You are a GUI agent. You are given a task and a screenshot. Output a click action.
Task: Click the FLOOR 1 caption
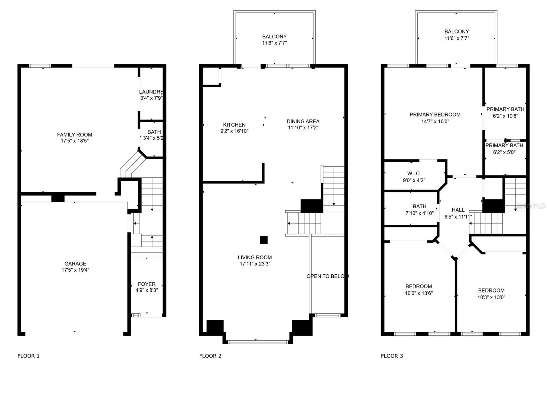28,356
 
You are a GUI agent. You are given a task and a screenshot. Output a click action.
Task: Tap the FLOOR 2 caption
210,356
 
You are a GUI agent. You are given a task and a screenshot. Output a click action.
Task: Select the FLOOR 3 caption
392,356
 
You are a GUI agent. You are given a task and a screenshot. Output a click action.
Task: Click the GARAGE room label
75,263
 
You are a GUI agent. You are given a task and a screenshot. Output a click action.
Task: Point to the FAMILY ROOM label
75,135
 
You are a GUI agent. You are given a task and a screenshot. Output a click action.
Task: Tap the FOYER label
147,284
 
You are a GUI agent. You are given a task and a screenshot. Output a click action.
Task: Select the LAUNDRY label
151,91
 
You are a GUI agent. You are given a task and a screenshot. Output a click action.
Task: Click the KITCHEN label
234,125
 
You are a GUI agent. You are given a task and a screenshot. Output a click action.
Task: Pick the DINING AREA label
303,121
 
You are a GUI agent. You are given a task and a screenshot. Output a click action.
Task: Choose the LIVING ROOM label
255,257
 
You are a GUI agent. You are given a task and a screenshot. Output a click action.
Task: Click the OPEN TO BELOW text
328,276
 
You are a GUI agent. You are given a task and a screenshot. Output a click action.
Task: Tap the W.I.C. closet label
414,173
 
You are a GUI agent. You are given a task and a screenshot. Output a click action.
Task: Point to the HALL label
458,210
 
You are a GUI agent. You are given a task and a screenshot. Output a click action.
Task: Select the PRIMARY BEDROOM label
435,114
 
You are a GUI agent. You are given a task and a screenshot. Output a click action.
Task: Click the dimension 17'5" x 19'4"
75,270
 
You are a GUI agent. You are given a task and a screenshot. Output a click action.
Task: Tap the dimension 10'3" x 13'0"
491,297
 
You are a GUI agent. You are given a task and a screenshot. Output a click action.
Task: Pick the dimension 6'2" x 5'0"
504,152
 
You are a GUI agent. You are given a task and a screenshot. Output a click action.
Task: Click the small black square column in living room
264,240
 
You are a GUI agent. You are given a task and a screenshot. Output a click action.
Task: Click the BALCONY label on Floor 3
456,32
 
